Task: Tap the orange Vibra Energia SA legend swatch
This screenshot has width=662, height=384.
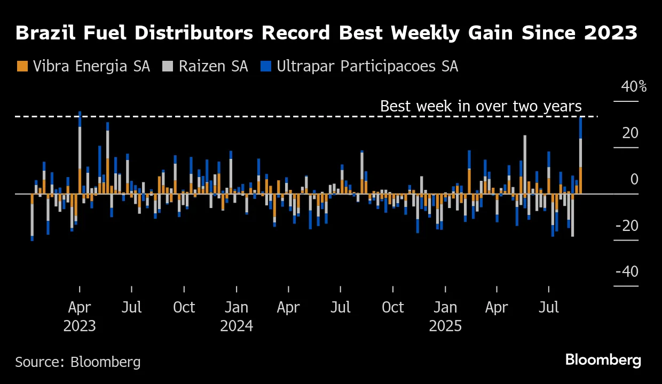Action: click(22, 66)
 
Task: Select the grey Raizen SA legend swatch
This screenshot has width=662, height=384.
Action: click(168, 66)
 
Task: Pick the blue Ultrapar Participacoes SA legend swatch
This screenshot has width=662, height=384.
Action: click(266, 66)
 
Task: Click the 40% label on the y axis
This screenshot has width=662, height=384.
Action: click(633, 86)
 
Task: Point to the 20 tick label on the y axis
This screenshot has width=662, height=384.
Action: click(630, 133)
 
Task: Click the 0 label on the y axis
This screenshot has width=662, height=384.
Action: click(634, 179)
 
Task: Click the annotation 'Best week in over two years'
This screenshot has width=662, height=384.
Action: click(480, 106)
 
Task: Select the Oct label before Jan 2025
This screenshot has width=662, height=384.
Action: click(393, 308)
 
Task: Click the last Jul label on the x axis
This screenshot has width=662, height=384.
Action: click(549, 308)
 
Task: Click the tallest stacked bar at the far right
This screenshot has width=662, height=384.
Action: click(580, 155)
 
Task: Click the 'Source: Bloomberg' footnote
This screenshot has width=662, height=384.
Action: click(78, 362)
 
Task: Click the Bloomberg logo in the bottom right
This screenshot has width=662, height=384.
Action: click(603, 360)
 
